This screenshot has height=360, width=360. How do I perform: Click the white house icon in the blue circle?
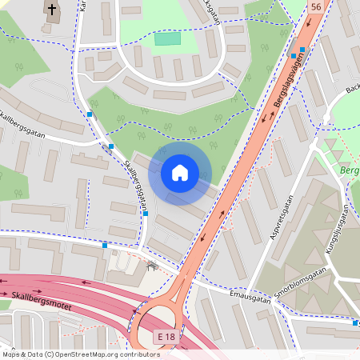(180, 173)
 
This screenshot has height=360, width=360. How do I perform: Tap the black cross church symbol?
(52, 10)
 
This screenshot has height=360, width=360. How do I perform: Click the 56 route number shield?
(317, 6)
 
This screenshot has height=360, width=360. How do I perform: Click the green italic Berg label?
(349, 170)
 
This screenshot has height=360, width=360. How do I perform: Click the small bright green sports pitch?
(167, 38)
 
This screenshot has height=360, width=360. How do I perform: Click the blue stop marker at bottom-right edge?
(355, 323)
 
